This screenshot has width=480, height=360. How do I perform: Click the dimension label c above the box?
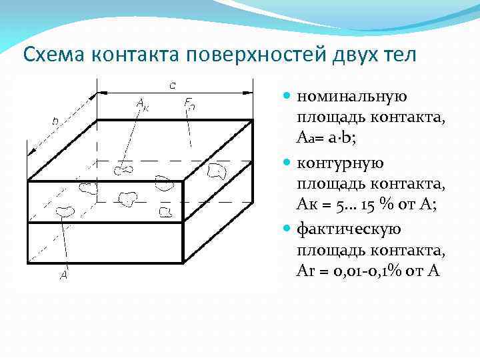pos(173,85)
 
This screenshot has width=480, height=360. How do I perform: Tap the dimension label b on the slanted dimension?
pos(55,121)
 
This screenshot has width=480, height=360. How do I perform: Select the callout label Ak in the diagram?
pos(142,103)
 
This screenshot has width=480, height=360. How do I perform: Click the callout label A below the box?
pos(64,274)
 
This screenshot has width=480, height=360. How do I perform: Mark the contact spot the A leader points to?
pos(65,212)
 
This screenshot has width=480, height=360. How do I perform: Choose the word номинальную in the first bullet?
pos(351,97)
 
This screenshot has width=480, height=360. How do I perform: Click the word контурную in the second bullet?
pos(340,163)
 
